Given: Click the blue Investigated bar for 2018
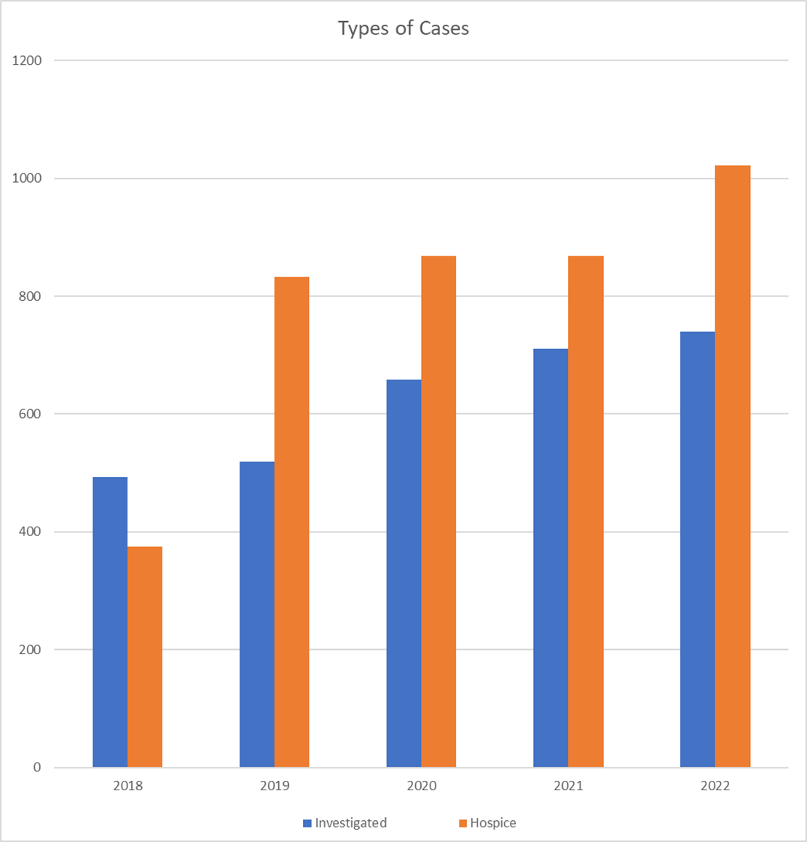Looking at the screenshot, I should coord(110,622).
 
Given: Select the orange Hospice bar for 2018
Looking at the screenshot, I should coord(145,657).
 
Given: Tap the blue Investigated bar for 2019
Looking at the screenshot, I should coord(257,614).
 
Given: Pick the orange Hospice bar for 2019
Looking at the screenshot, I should coord(292,522).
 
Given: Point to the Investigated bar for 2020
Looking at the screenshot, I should coord(403,573).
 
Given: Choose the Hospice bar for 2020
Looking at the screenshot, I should coord(438,511).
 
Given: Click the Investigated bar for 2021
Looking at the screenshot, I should coord(551,558).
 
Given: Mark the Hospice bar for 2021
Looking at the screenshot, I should coord(586,511).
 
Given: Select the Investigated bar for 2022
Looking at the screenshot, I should coord(697,549).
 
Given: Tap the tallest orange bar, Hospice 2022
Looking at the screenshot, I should coord(733,466).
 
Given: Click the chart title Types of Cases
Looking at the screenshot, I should coord(403,28).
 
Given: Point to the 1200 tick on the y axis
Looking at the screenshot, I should coord(28,60).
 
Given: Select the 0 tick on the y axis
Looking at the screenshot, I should coord(37,768).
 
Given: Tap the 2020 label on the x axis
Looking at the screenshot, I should coord(421,786).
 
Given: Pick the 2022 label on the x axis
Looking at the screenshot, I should coord(715,786).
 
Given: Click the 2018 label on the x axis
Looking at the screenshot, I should coord(127,786).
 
